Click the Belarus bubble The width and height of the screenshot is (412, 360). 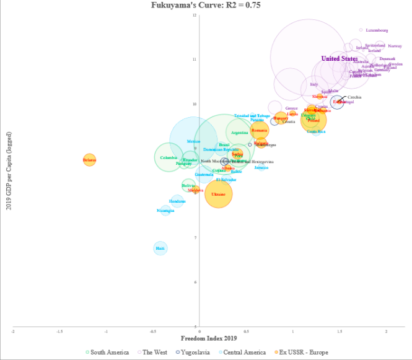click(x=90, y=160)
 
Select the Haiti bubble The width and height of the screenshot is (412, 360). click(x=160, y=248)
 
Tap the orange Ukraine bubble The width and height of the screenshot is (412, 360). click(x=219, y=194)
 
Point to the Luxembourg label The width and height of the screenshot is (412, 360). click(x=377, y=30)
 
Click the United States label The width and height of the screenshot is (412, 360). click(x=339, y=58)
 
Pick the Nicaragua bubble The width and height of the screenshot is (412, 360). click(x=165, y=211)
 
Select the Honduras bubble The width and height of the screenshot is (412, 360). click(x=177, y=201)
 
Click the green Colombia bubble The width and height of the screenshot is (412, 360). click(x=169, y=157)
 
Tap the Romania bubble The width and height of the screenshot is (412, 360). click(x=260, y=130)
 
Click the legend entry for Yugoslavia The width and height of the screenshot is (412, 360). click(x=193, y=352)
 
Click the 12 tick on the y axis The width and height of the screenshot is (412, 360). click(x=195, y=14)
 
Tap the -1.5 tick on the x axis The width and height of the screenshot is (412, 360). click(x=59, y=331)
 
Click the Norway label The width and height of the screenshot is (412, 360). click(x=395, y=46)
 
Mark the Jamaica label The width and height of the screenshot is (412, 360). click(x=261, y=168)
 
